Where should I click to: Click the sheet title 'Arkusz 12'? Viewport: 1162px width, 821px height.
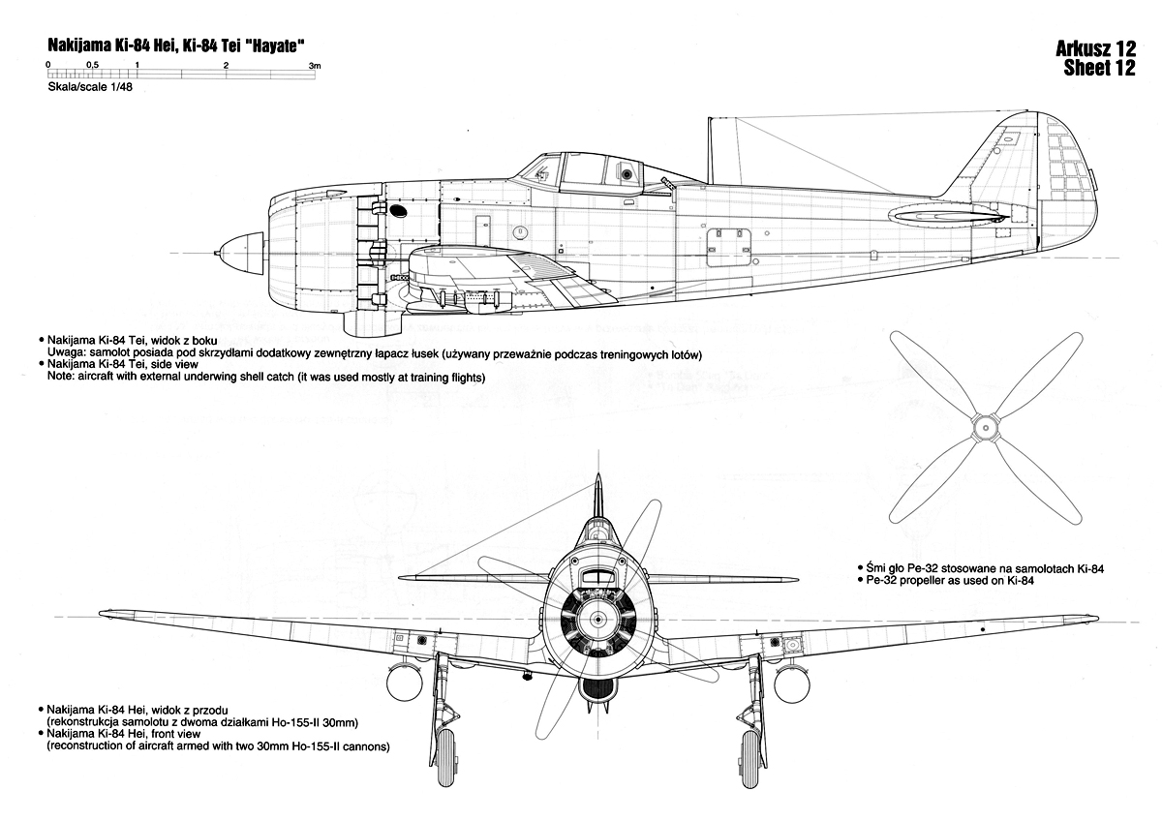point(1095,48)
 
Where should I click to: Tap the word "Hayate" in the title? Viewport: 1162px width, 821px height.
point(272,46)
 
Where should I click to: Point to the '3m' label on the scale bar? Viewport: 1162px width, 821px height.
point(315,66)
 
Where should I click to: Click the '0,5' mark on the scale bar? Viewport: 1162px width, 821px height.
point(92,65)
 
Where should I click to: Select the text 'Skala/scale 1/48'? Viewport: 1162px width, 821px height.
point(90,87)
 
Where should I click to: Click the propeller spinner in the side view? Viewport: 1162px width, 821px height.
point(241,253)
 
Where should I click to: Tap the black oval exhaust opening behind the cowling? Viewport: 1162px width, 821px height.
point(398,210)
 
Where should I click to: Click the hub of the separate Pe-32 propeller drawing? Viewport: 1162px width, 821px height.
point(985,428)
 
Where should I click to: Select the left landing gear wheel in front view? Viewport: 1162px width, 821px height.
point(445,758)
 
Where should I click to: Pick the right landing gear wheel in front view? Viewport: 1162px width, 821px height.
point(750,759)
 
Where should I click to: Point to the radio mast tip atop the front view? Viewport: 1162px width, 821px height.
point(598,473)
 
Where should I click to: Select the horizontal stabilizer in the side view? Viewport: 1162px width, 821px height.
point(947,218)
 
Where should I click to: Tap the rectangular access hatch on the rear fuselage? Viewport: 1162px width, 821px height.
point(729,248)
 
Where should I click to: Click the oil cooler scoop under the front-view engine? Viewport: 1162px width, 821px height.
point(598,687)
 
